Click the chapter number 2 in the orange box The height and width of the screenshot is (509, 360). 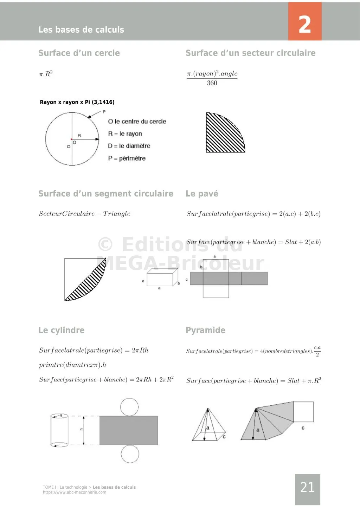[304, 25]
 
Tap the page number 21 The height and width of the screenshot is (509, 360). [307, 487]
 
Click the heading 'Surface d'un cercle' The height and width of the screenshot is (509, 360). [79, 53]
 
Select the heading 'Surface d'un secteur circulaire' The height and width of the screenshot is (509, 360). [250, 53]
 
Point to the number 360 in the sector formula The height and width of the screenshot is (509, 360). [212, 83]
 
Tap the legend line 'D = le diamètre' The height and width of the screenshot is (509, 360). [129, 146]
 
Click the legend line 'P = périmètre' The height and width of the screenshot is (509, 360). [127, 158]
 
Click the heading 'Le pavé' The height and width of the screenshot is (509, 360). [202, 194]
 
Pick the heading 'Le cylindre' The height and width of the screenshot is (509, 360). [62, 330]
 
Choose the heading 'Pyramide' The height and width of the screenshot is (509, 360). [205, 330]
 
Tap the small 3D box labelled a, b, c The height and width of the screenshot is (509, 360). [161, 278]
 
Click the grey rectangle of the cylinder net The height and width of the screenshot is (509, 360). [129, 430]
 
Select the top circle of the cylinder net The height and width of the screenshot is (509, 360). [129, 407]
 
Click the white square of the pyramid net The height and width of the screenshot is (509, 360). [303, 412]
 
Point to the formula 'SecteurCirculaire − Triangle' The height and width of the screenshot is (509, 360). [84, 214]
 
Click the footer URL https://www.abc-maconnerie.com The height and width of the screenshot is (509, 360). [75, 492]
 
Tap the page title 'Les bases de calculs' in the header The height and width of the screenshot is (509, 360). [81, 30]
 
